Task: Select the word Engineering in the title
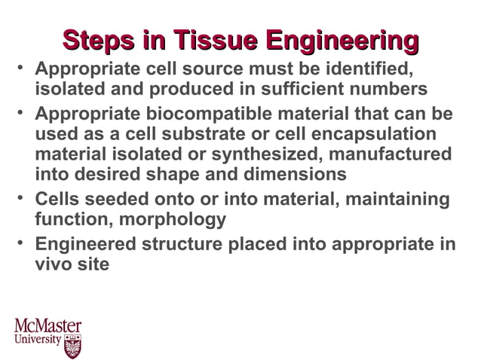point(343,42)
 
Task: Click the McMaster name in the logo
point(47,326)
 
